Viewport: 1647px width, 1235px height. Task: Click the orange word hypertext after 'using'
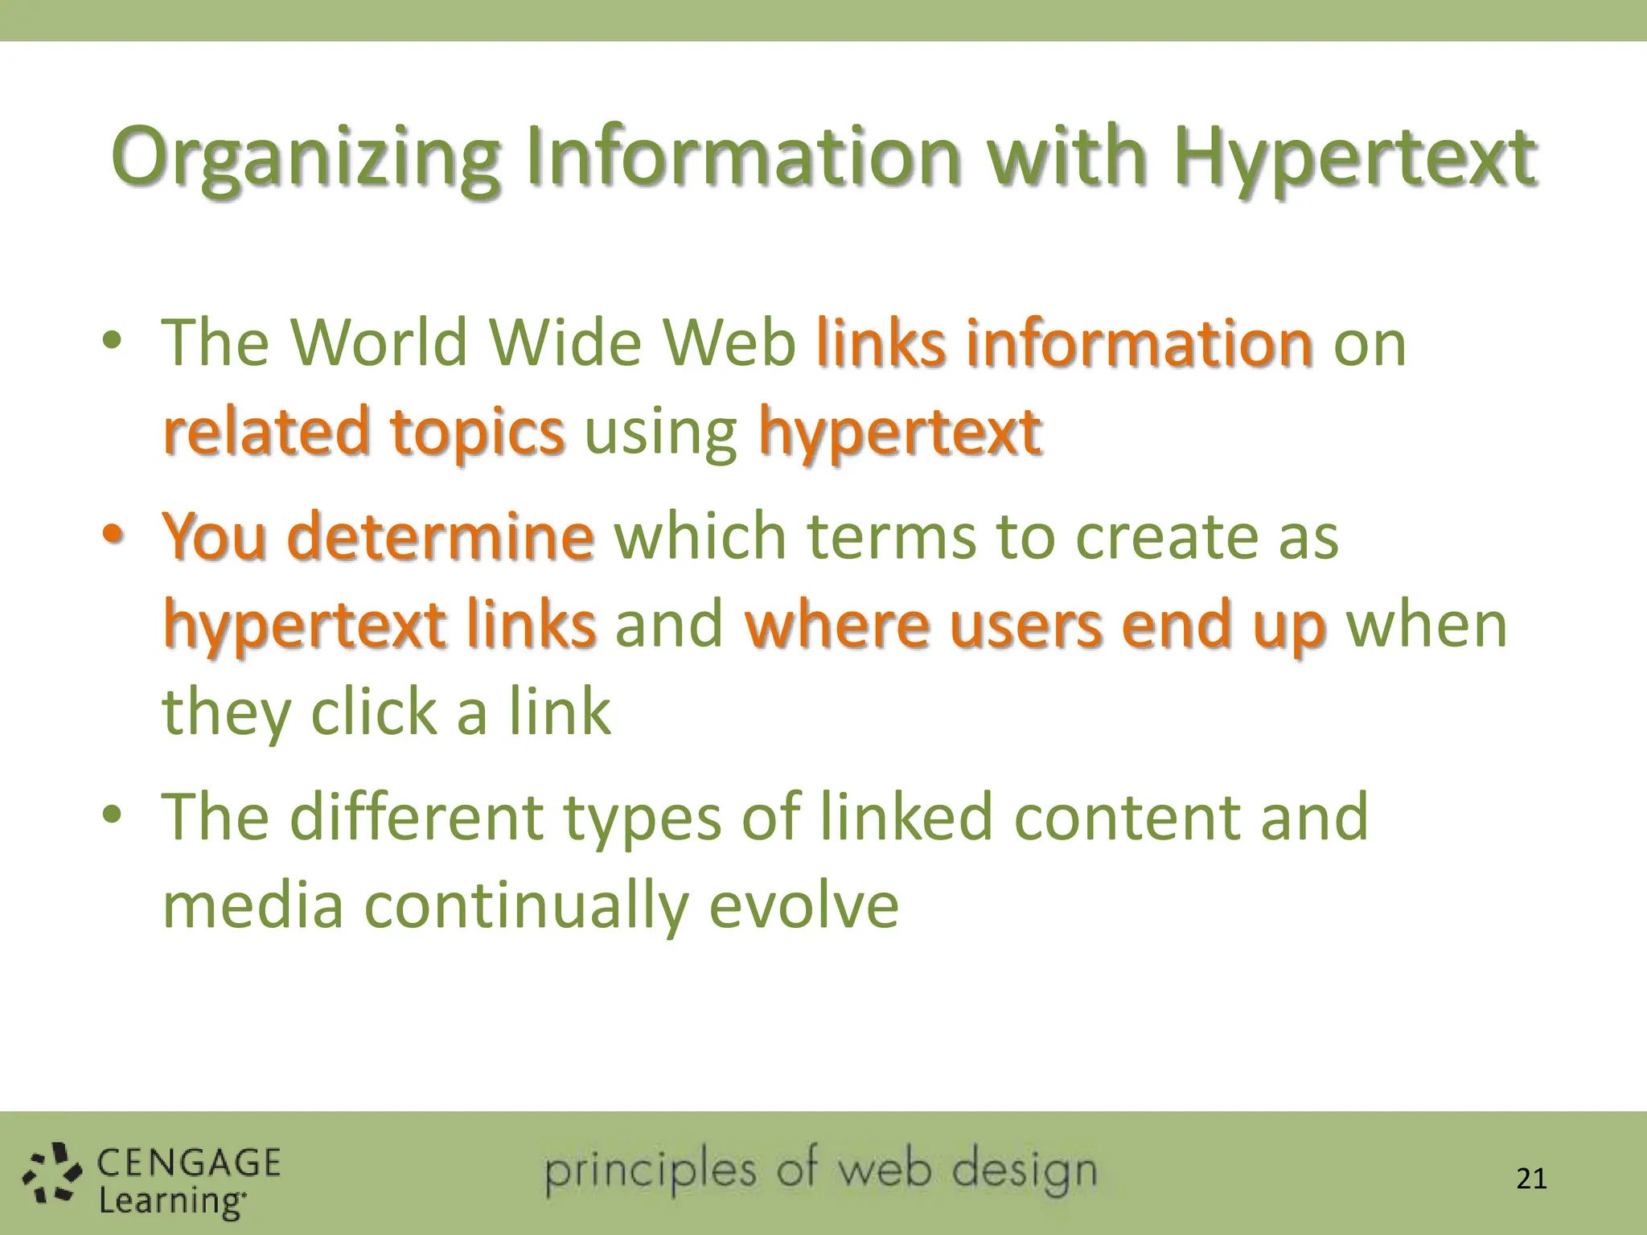point(900,433)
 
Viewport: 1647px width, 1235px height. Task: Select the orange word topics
point(478,433)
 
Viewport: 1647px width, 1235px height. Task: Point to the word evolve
point(803,905)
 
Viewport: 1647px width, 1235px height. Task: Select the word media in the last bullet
point(253,905)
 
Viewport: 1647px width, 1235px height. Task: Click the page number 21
point(1530,1179)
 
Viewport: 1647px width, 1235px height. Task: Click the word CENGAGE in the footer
point(189,1163)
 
